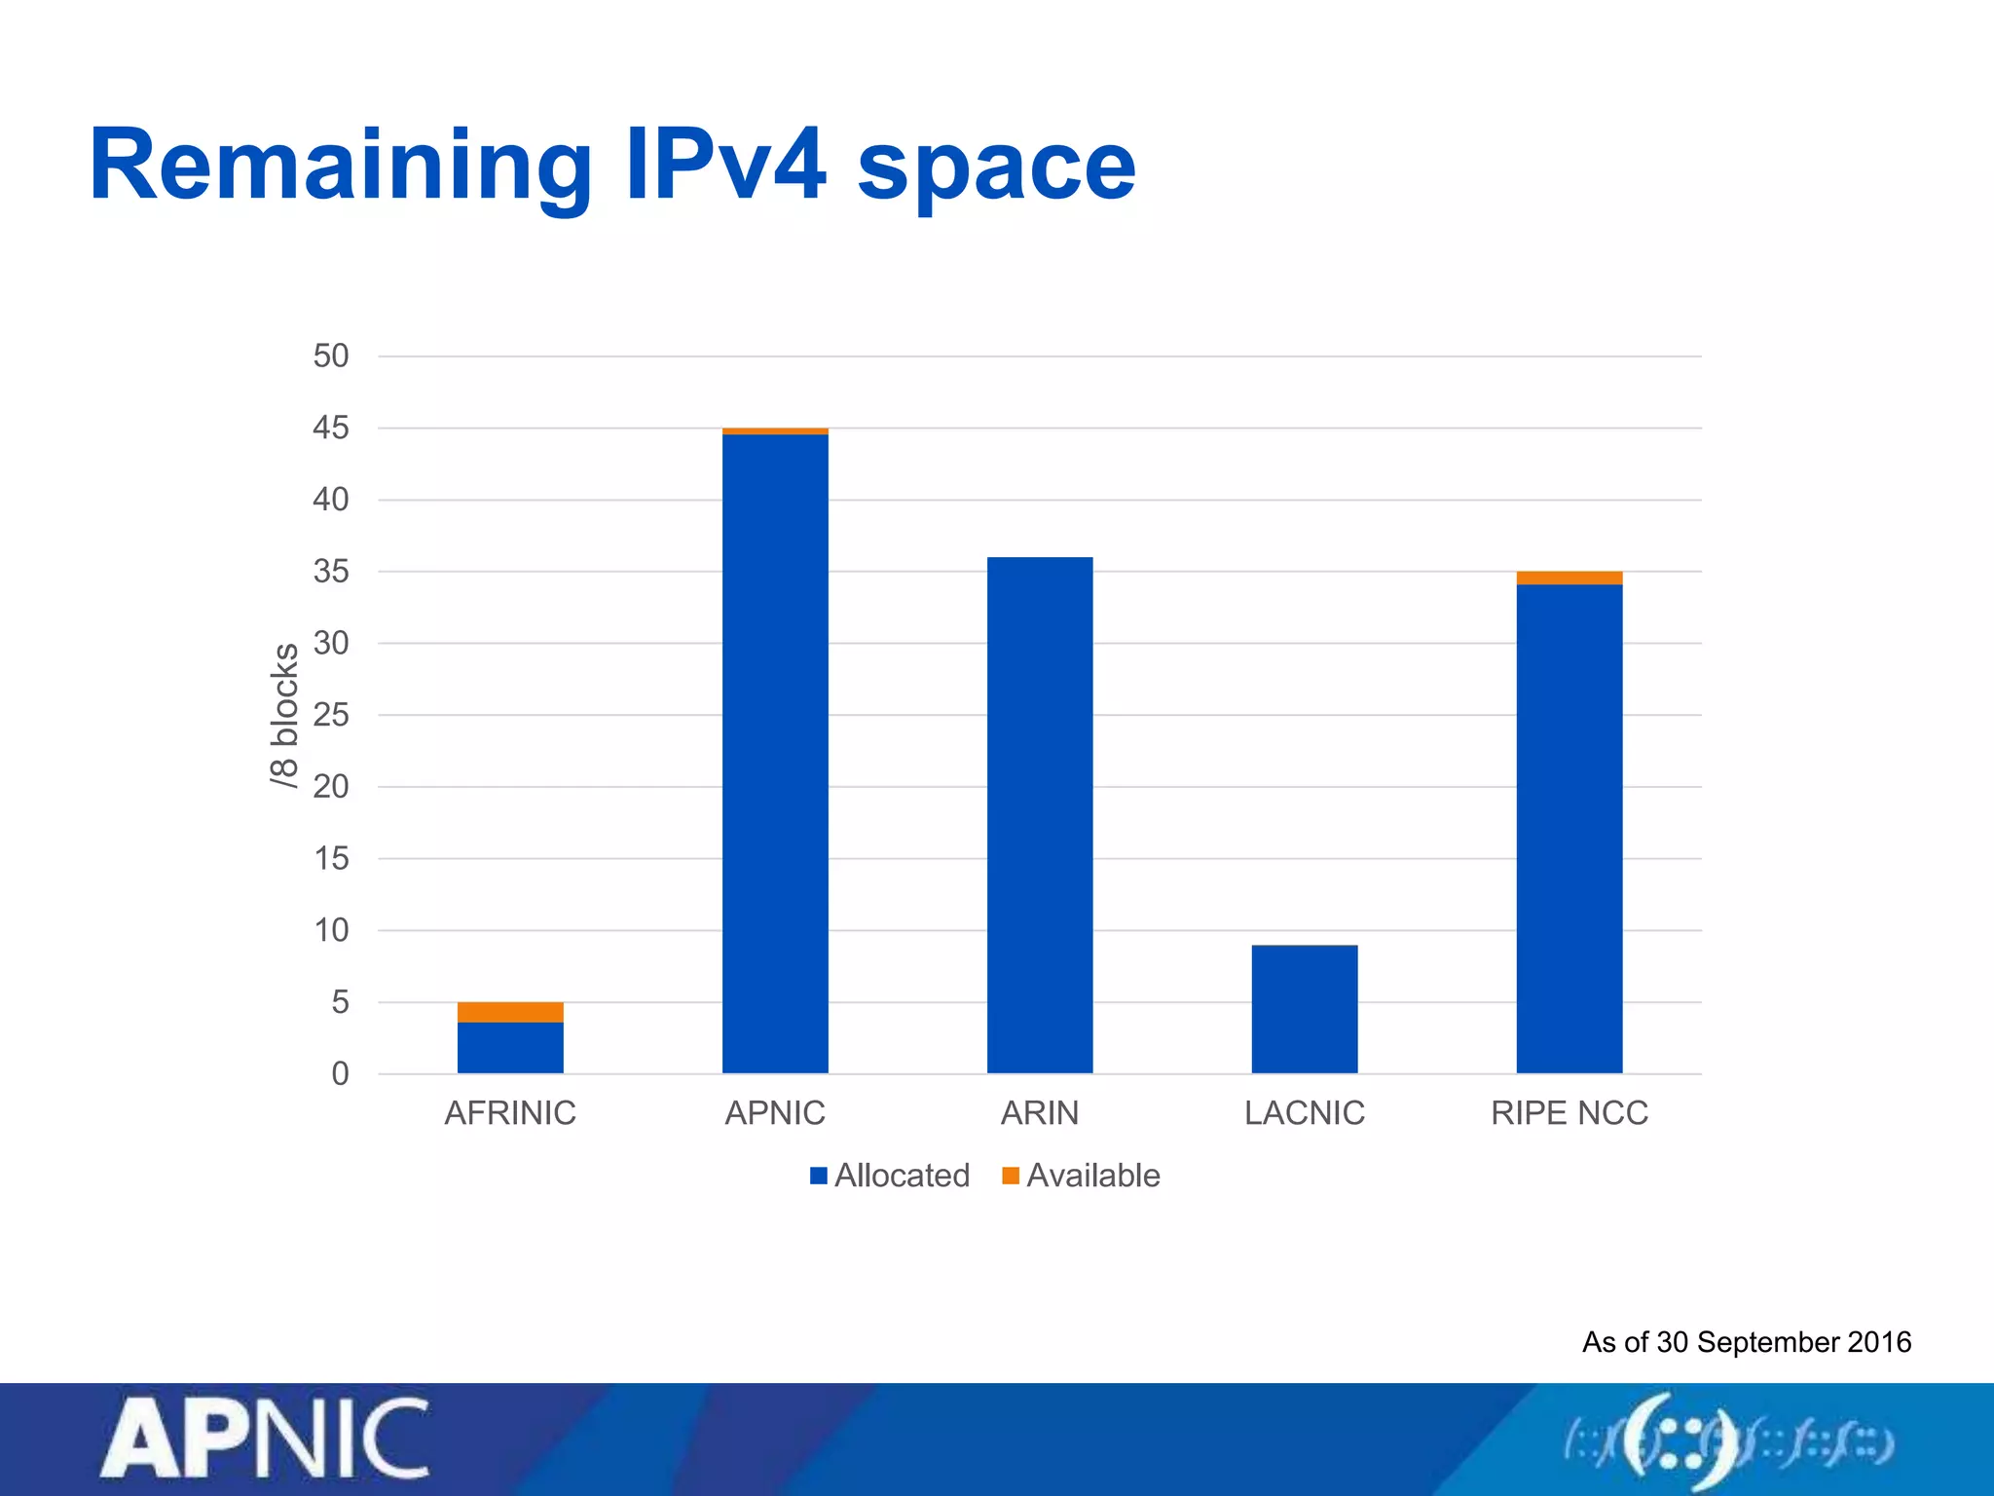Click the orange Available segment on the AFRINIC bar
(x=510, y=1012)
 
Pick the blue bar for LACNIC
(x=1305, y=1009)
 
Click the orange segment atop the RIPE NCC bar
(x=1569, y=578)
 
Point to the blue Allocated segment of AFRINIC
(x=510, y=1048)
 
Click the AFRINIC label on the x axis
(x=510, y=1112)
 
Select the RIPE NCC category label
(x=1569, y=1112)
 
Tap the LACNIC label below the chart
(x=1305, y=1112)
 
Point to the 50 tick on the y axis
(x=330, y=355)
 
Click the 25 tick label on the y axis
(x=330, y=715)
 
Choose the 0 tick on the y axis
(x=339, y=1073)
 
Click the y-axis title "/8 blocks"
(x=283, y=715)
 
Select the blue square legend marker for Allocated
(x=819, y=1176)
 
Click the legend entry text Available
(x=1092, y=1176)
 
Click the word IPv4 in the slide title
(x=725, y=166)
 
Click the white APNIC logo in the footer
(x=265, y=1440)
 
